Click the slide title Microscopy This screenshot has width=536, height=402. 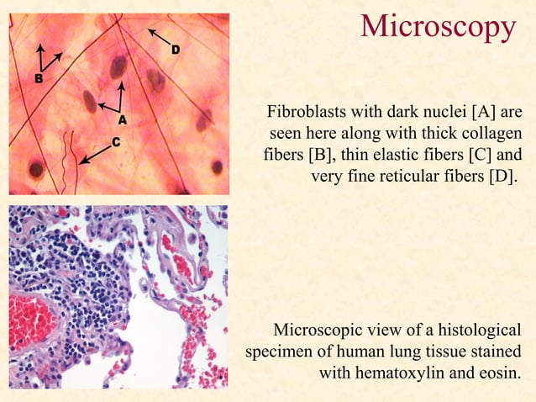[x=437, y=27]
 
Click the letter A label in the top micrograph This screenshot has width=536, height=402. [x=122, y=120]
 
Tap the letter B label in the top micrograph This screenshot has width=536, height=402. [x=39, y=78]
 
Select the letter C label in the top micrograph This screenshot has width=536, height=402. [x=117, y=142]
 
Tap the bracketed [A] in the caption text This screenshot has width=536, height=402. [x=486, y=112]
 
